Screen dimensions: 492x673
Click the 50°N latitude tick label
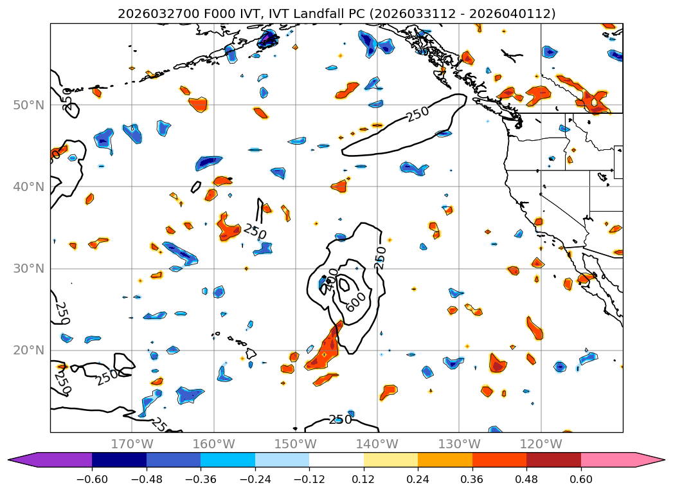click(x=30, y=105)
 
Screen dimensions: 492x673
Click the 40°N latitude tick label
click(x=30, y=187)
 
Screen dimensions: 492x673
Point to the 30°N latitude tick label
click(x=30, y=269)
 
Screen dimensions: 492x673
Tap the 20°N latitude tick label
click(x=30, y=351)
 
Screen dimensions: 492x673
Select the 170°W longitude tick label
click(x=132, y=444)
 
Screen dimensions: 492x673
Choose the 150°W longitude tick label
click(x=295, y=444)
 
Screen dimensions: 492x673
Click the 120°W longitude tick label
click(x=541, y=444)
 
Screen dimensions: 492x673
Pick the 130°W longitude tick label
click(x=459, y=444)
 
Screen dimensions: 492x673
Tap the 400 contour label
click(x=329, y=283)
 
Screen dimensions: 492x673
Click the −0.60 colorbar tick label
click(x=92, y=479)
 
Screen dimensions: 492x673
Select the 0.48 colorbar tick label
click(x=526, y=479)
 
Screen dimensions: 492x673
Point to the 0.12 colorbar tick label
click(x=363, y=479)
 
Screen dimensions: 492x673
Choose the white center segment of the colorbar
click(x=336, y=459)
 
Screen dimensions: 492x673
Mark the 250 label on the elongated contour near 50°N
click(x=417, y=114)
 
